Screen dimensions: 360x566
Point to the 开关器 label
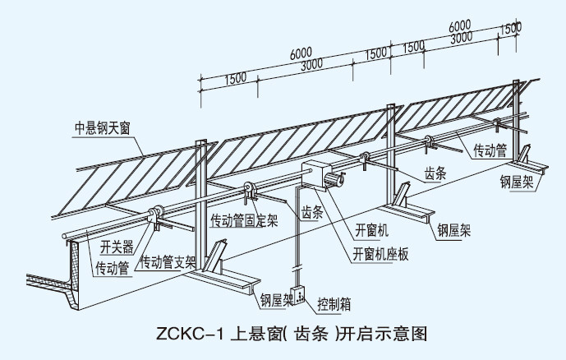click(116, 246)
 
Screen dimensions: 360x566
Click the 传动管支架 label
click(168, 264)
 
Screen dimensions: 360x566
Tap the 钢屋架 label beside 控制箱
click(277, 300)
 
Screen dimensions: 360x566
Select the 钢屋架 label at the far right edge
click(519, 182)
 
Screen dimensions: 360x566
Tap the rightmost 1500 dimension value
click(510, 27)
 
